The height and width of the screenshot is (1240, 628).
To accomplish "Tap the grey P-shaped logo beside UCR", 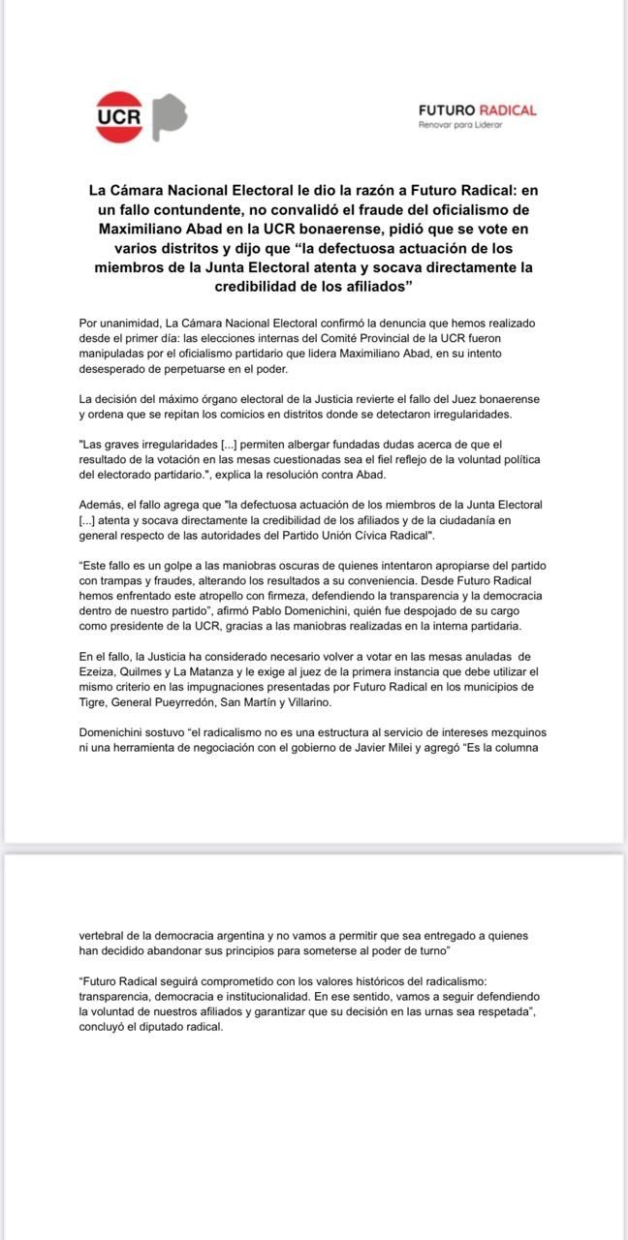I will [x=169, y=116].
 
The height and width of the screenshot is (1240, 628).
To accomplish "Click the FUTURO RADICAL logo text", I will [x=477, y=110].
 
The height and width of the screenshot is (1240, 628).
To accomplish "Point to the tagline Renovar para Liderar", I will [x=460, y=125].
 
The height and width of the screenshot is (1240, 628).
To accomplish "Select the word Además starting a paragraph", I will [x=101, y=505].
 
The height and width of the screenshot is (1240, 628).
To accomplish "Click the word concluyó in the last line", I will [x=106, y=1028].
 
